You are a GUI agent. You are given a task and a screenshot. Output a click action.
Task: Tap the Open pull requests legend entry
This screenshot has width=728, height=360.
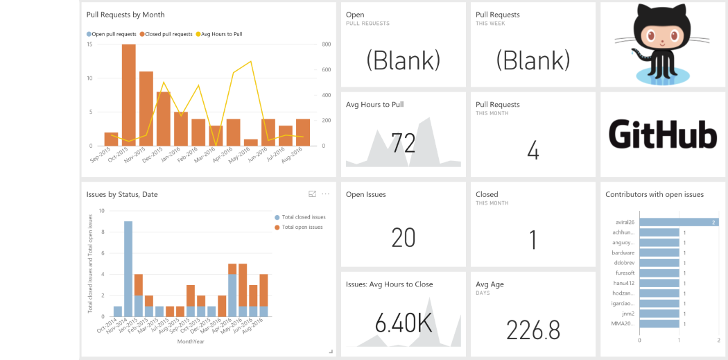112,34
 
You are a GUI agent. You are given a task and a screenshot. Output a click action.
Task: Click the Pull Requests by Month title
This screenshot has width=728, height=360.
125,15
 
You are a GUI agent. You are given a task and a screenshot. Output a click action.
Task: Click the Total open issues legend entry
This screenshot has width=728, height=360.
302,227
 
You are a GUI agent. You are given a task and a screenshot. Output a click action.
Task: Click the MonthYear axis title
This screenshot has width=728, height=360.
190,341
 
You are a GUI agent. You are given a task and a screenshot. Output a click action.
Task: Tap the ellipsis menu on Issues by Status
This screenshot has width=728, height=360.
326,194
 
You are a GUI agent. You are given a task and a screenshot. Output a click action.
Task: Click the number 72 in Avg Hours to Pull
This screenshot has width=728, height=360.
403,143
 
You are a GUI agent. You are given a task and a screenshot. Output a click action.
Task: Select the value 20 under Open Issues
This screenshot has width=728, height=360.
403,237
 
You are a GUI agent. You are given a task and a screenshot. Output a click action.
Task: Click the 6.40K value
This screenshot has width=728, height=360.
403,323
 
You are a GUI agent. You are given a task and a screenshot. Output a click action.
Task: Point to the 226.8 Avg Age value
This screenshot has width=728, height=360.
532,330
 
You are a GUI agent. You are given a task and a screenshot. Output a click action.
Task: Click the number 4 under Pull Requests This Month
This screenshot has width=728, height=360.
532,151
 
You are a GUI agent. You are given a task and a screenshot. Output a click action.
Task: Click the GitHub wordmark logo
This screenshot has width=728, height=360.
662,134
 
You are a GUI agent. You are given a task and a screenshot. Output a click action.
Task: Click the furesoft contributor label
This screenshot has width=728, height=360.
625,273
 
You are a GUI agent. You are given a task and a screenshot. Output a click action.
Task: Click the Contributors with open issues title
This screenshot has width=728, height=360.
655,195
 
